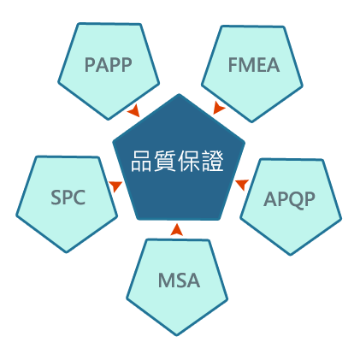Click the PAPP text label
(x=109, y=65)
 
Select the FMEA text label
(x=254, y=65)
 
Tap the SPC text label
(x=68, y=198)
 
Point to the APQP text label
(x=289, y=199)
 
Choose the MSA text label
(x=179, y=280)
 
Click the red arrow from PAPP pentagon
(x=133, y=110)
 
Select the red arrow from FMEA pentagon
(x=219, y=108)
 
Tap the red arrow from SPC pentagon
(x=115, y=186)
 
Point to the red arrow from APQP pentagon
(x=242, y=185)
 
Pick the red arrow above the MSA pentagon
(x=177, y=230)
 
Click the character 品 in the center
(x=141, y=161)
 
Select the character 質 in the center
(x=165, y=161)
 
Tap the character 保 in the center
(x=188, y=161)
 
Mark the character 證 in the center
(x=212, y=161)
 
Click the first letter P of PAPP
(x=90, y=65)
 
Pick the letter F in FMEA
(x=233, y=65)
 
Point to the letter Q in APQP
(x=297, y=200)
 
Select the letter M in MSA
(x=166, y=280)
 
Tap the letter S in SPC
(x=56, y=198)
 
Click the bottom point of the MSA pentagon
(x=177, y=335)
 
